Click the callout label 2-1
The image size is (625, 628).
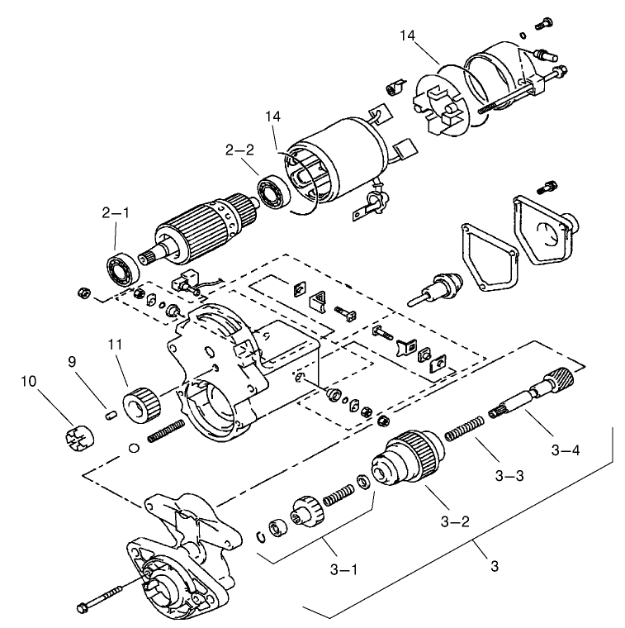(x=116, y=212)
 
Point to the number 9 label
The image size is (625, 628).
(x=72, y=360)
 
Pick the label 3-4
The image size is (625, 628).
(x=566, y=450)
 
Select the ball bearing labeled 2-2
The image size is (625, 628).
(x=271, y=193)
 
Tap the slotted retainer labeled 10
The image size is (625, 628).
(x=75, y=435)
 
